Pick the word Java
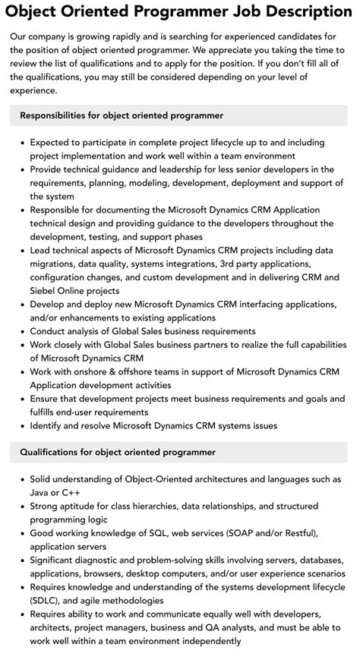[41, 493]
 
